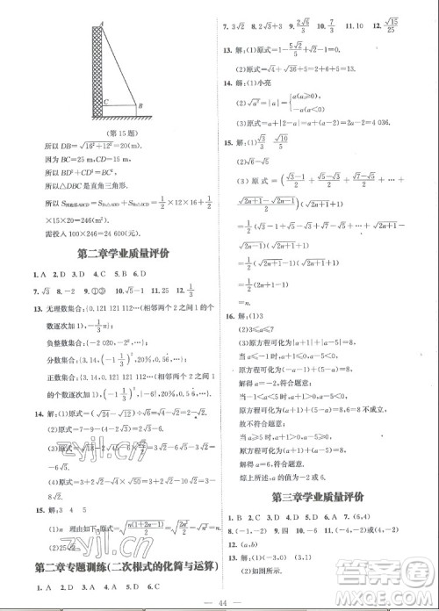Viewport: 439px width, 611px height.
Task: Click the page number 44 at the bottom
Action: [x=220, y=599]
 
